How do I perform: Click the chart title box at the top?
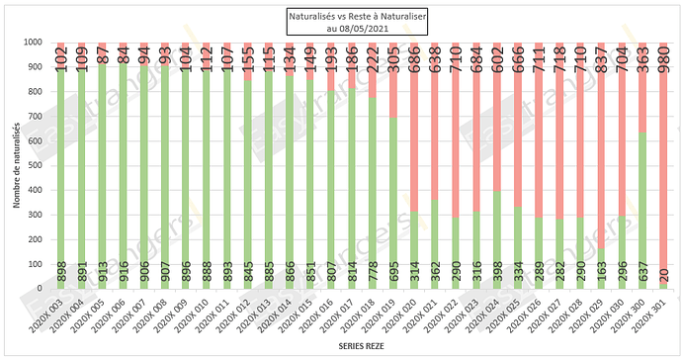tap(342, 22)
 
